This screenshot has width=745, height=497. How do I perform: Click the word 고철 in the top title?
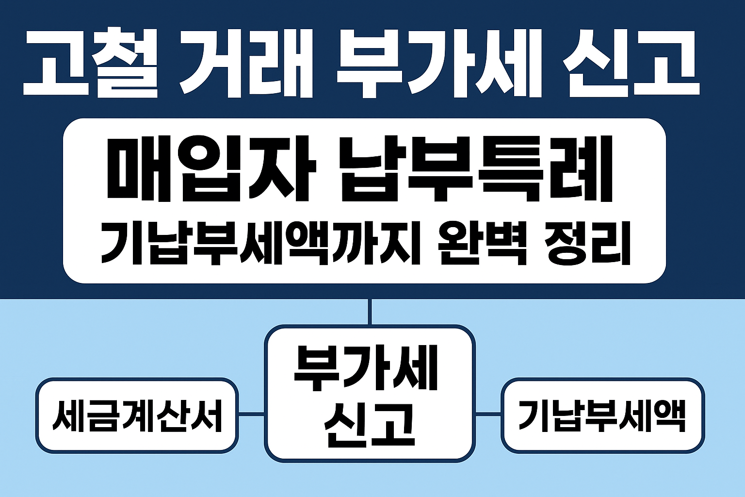coord(90,63)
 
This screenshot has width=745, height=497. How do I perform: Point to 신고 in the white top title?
coord(631,63)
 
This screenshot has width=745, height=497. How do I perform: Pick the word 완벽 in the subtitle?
coord(482,243)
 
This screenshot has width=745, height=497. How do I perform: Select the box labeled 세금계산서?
coord(137,415)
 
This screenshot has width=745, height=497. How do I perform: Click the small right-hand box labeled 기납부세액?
coord(602,415)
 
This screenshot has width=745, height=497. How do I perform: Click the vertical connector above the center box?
coord(370,312)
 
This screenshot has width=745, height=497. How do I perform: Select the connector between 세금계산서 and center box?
coord(251,414)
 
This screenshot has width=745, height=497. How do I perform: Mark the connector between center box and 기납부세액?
coord(488,414)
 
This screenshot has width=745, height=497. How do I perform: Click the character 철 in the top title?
coord(126,63)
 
